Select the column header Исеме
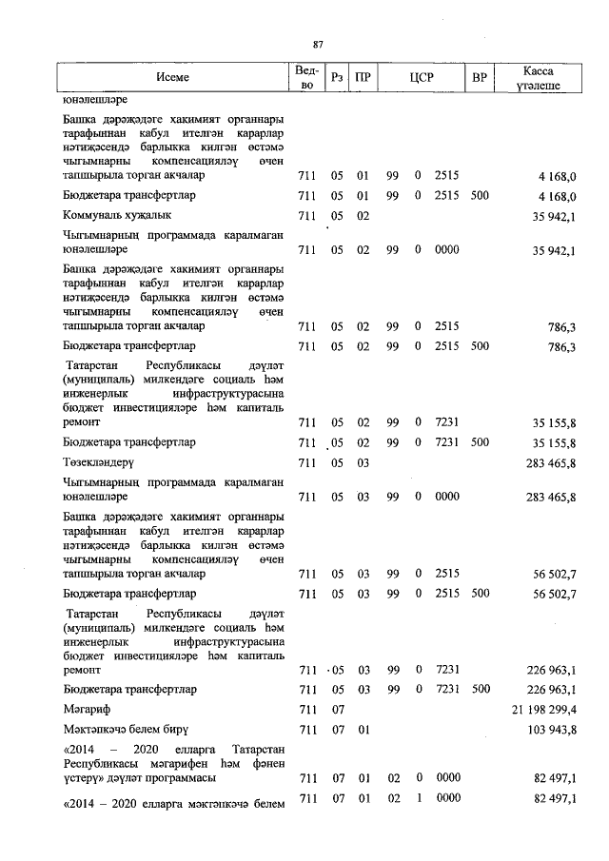[x=174, y=77]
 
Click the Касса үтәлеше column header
[x=539, y=77]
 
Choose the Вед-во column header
[x=306, y=77]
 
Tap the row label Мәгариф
[x=85, y=709]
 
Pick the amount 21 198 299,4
[x=539, y=709]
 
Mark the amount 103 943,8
[x=550, y=729]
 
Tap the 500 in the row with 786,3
[x=480, y=347]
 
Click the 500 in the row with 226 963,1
[x=480, y=688]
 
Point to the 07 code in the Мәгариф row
[x=337, y=709]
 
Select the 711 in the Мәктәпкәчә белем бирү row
[x=306, y=729]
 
